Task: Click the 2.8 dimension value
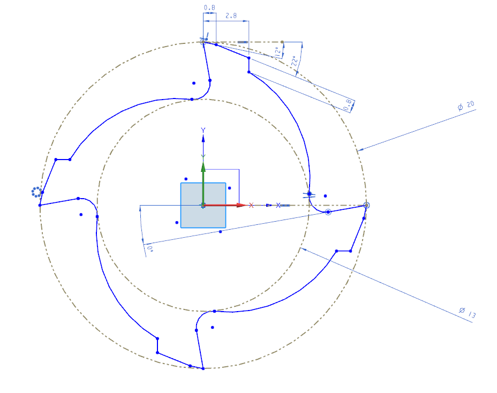[231, 17]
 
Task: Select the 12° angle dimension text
[277, 52]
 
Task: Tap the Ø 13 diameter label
[467, 312]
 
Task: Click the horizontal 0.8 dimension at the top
[209, 8]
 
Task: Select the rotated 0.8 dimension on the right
[349, 105]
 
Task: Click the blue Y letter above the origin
[203, 130]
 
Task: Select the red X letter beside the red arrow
[251, 205]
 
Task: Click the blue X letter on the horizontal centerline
[278, 205]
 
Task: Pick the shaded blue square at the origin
[203, 205]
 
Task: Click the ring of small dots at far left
[36, 192]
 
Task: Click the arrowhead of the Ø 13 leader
[303, 249]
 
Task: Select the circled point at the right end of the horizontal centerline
[366, 205]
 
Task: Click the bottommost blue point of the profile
[203, 368]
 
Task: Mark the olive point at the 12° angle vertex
[282, 41]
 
